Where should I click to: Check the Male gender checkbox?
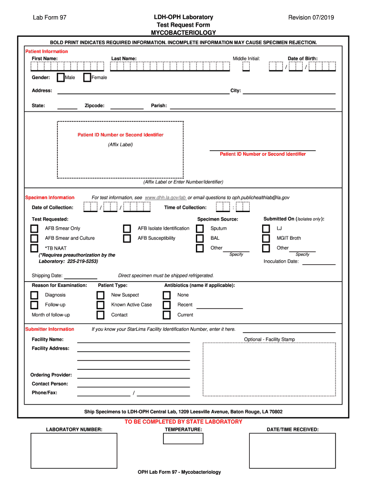[x=61, y=78]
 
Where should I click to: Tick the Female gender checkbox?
[x=87, y=78]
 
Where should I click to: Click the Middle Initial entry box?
[x=246, y=67]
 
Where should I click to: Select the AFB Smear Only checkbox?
[x=34, y=229]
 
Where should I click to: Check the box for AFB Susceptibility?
[x=127, y=238]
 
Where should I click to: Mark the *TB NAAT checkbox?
[x=34, y=248]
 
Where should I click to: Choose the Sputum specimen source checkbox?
[x=200, y=229]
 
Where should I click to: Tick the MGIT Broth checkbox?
[x=266, y=238]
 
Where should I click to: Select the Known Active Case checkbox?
[x=100, y=305]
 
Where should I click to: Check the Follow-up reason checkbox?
[x=34, y=305]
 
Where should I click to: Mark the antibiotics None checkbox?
[x=166, y=295]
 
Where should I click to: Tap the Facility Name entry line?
[x=133, y=340]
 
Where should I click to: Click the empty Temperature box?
[x=183, y=438]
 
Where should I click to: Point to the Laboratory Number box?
[x=74, y=451]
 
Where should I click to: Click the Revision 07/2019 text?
[x=311, y=18]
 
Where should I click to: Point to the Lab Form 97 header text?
[x=50, y=18]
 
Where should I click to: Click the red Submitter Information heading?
[x=50, y=329]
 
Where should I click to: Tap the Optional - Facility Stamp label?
[x=269, y=339]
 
